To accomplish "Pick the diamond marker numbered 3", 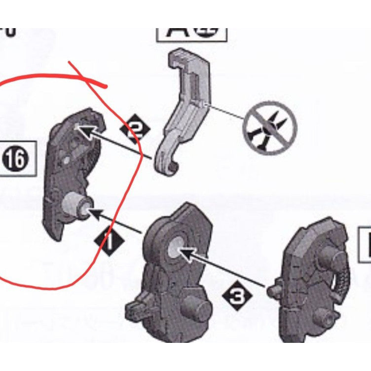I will coord(238,297).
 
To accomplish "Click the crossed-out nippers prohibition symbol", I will coord(269,128).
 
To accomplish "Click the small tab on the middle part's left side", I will coord(135,309).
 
